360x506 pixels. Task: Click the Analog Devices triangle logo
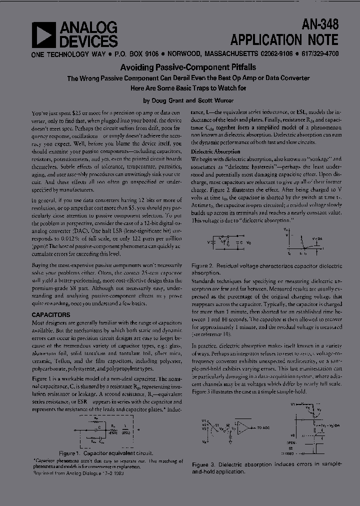click(x=43, y=35)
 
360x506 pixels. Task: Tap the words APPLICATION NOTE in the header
click(x=284, y=39)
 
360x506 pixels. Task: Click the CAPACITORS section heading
click(x=51, y=315)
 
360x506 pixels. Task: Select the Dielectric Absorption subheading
click(x=216, y=151)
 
